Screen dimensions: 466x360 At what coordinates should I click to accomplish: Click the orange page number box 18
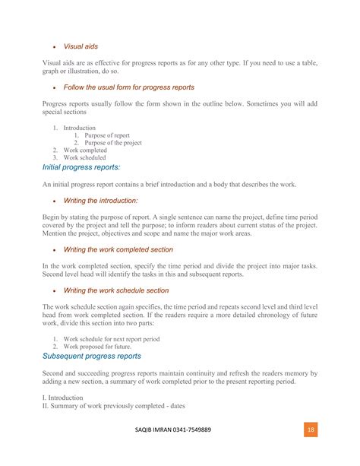[x=311, y=430]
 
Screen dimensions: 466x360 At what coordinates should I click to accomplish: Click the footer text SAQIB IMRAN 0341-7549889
[x=179, y=430]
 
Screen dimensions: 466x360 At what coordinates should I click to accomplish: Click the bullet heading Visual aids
[x=81, y=46]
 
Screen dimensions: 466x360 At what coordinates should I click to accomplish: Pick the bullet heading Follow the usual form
[x=129, y=87]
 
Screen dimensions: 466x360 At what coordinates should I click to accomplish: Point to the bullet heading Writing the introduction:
[x=101, y=201]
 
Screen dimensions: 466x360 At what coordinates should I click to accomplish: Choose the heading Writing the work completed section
[x=118, y=249]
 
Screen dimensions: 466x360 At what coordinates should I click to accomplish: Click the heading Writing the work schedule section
[x=116, y=290]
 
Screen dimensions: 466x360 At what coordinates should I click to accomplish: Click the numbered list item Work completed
[x=85, y=151]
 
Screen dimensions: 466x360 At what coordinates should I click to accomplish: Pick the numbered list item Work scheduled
[x=85, y=158]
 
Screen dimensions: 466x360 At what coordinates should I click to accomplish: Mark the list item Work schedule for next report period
[x=112, y=338]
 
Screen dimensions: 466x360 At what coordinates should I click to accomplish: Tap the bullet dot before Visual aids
[x=54, y=46]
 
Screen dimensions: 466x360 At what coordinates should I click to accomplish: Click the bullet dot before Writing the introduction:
[x=54, y=201]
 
